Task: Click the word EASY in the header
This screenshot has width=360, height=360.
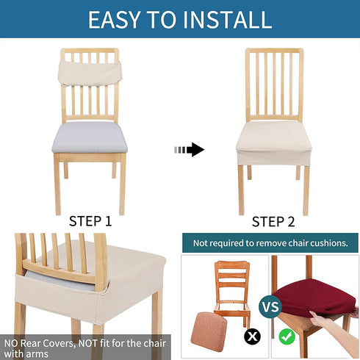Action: [114, 20]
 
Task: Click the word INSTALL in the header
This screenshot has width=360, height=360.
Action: [228, 20]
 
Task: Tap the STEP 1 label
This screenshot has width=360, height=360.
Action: [90, 221]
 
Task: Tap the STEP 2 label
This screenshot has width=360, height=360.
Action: [273, 222]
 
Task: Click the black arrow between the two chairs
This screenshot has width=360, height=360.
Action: [190, 149]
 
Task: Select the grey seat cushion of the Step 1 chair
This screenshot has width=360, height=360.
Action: [90, 137]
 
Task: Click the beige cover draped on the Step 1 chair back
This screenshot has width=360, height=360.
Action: [90, 73]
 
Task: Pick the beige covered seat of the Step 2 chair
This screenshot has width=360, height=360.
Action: [274, 143]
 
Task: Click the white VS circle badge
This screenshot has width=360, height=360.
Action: [270, 306]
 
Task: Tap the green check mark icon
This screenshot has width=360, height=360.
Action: [287, 336]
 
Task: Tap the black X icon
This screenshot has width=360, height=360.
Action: [253, 336]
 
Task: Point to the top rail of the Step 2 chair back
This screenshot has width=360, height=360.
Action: [274, 51]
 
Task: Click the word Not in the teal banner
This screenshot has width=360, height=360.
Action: [201, 243]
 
